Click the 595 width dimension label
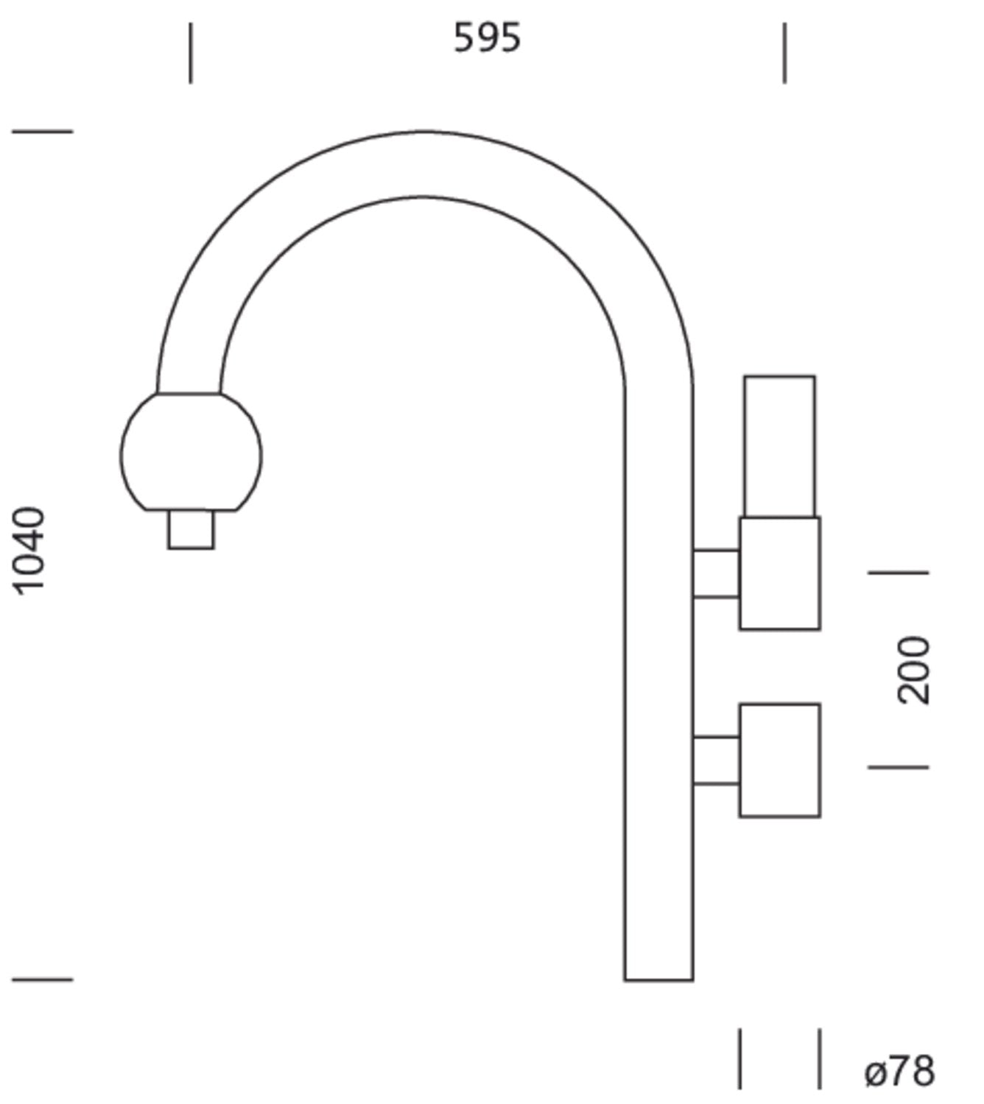[x=487, y=38]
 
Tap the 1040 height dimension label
[x=29, y=551]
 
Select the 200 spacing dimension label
[x=913, y=670]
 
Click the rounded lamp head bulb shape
[x=191, y=452]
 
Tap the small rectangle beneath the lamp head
[x=191, y=530]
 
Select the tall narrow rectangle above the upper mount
[x=779, y=446]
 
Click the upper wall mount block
[x=779, y=573]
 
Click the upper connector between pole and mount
[x=716, y=574]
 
